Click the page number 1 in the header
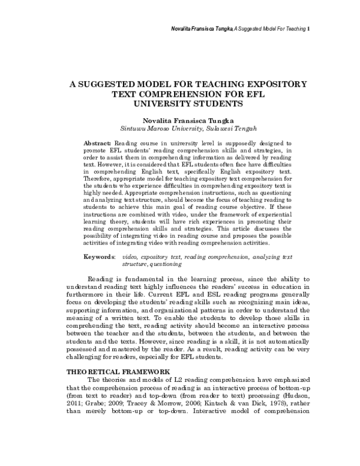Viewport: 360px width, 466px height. pyautogui.click(x=308, y=29)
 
